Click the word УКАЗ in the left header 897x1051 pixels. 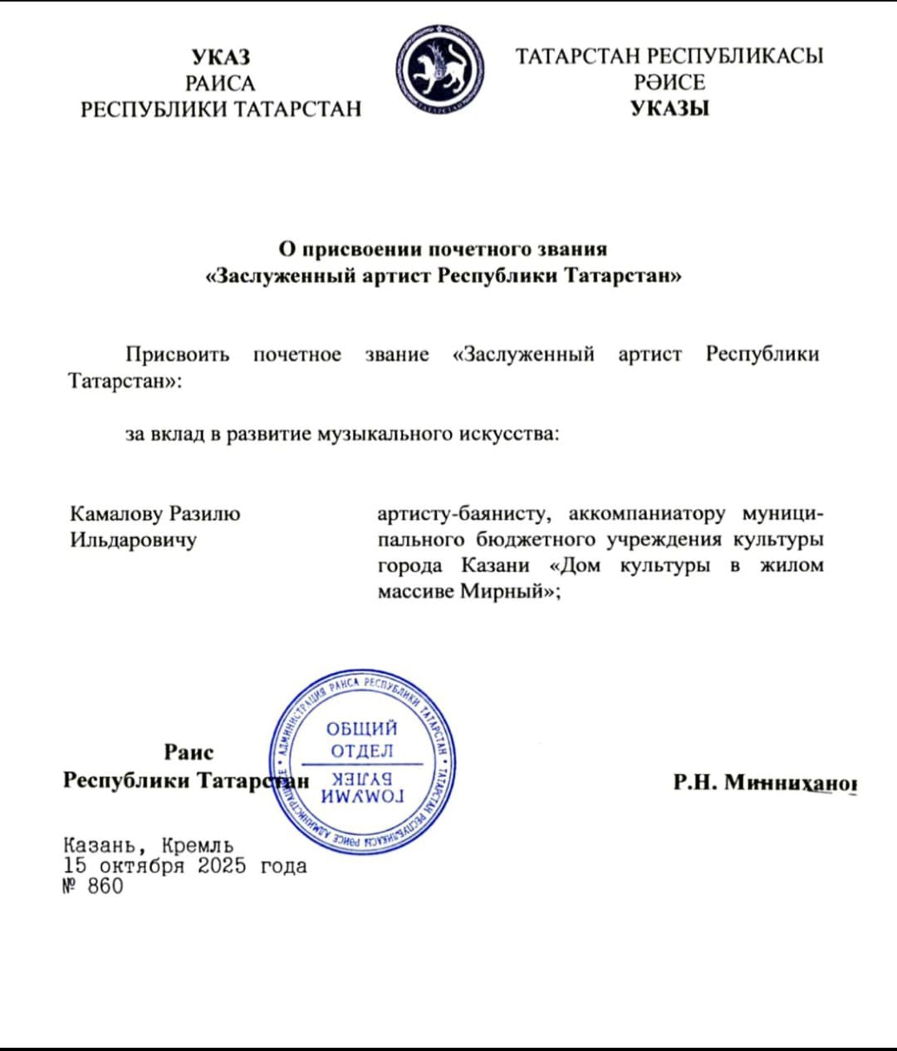(x=220, y=56)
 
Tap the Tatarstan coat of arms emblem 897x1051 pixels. (x=439, y=70)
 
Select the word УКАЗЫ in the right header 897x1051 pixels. (x=669, y=108)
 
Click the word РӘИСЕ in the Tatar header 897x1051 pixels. (x=669, y=82)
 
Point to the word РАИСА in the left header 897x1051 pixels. (x=220, y=83)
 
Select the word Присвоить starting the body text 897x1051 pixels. (x=177, y=354)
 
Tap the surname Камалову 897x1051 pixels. (x=116, y=514)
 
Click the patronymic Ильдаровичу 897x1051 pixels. (x=133, y=540)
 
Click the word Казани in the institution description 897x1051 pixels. (x=495, y=566)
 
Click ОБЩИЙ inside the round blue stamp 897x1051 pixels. (x=362, y=729)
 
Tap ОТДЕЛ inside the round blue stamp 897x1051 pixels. (x=362, y=751)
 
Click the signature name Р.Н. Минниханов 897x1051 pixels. (x=764, y=782)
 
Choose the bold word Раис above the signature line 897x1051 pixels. (x=189, y=752)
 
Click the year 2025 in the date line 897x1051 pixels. (x=222, y=866)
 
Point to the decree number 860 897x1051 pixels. (x=105, y=887)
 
